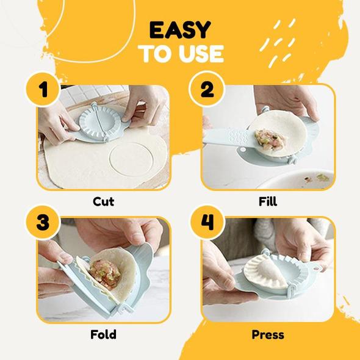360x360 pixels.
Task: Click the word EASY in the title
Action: click(x=180, y=30)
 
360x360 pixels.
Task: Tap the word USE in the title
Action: click(x=201, y=54)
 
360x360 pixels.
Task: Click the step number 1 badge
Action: click(x=43, y=90)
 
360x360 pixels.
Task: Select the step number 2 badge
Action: click(x=207, y=89)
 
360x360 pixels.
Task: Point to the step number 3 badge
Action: click(x=43, y=222)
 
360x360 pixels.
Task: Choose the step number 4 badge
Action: click(x=207, y=222)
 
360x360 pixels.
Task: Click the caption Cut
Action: click(x=104, y=201)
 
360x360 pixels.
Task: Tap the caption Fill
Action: click(x=268, y=201)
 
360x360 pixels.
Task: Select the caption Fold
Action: click(x=103, y=334)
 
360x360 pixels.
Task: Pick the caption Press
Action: click(x=268, y=334)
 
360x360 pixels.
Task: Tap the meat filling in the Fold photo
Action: click(x=105, y=273)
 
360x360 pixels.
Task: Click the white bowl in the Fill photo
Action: click(x=296, y=179)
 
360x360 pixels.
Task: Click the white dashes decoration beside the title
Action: click(x=278, y=43)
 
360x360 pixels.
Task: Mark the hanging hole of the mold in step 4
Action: click(x=317, y=268)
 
